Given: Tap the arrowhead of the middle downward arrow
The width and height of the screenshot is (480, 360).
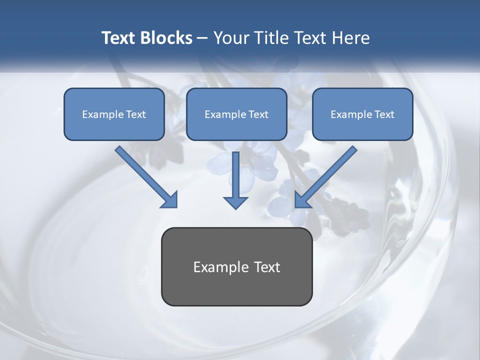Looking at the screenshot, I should tap(235, 202).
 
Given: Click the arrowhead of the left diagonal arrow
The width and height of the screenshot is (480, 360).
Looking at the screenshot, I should tap(170, 199).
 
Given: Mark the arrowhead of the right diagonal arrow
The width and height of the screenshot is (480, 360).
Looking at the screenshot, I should tap(302, 199).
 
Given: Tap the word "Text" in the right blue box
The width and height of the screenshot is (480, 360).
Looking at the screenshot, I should tap(384, 114).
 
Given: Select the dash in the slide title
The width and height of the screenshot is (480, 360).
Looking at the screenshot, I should tap(203, 38).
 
